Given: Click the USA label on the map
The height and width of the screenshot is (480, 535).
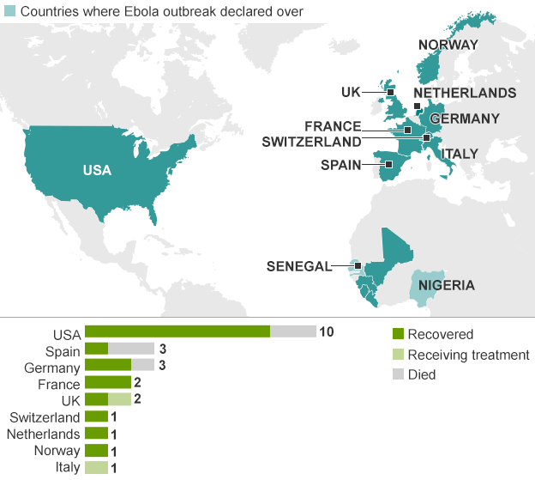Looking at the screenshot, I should click(x=97, y=170).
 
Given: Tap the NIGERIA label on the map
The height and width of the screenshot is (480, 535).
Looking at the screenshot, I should click(x=446, y=286).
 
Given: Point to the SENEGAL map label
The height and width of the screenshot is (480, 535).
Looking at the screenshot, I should click(x=298, y=266).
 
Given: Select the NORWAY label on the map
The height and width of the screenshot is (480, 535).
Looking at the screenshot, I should click(x=448, y=45).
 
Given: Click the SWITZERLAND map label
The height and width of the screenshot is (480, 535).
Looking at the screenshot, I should click(x=311, y=142).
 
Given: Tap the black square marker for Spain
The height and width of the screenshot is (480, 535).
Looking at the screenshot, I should click(x=388, y=164).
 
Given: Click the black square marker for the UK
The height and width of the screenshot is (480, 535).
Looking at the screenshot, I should click(x=389, y=92).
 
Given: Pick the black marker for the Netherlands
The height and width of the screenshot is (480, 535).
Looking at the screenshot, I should click(x=417, y=107).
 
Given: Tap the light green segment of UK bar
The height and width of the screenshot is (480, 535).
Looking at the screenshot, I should click(x=119, y=399).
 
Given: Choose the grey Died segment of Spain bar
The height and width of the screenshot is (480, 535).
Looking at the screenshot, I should click(x=131, y=349).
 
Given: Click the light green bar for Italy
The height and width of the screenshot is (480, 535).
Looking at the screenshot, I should click(x=96, y=467).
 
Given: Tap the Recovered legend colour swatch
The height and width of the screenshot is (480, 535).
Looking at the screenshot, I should click(x=397, y=335).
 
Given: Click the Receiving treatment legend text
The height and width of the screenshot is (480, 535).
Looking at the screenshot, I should click(x=468, y=355).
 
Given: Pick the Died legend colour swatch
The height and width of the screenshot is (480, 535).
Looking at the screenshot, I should click(x=397, y=374).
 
